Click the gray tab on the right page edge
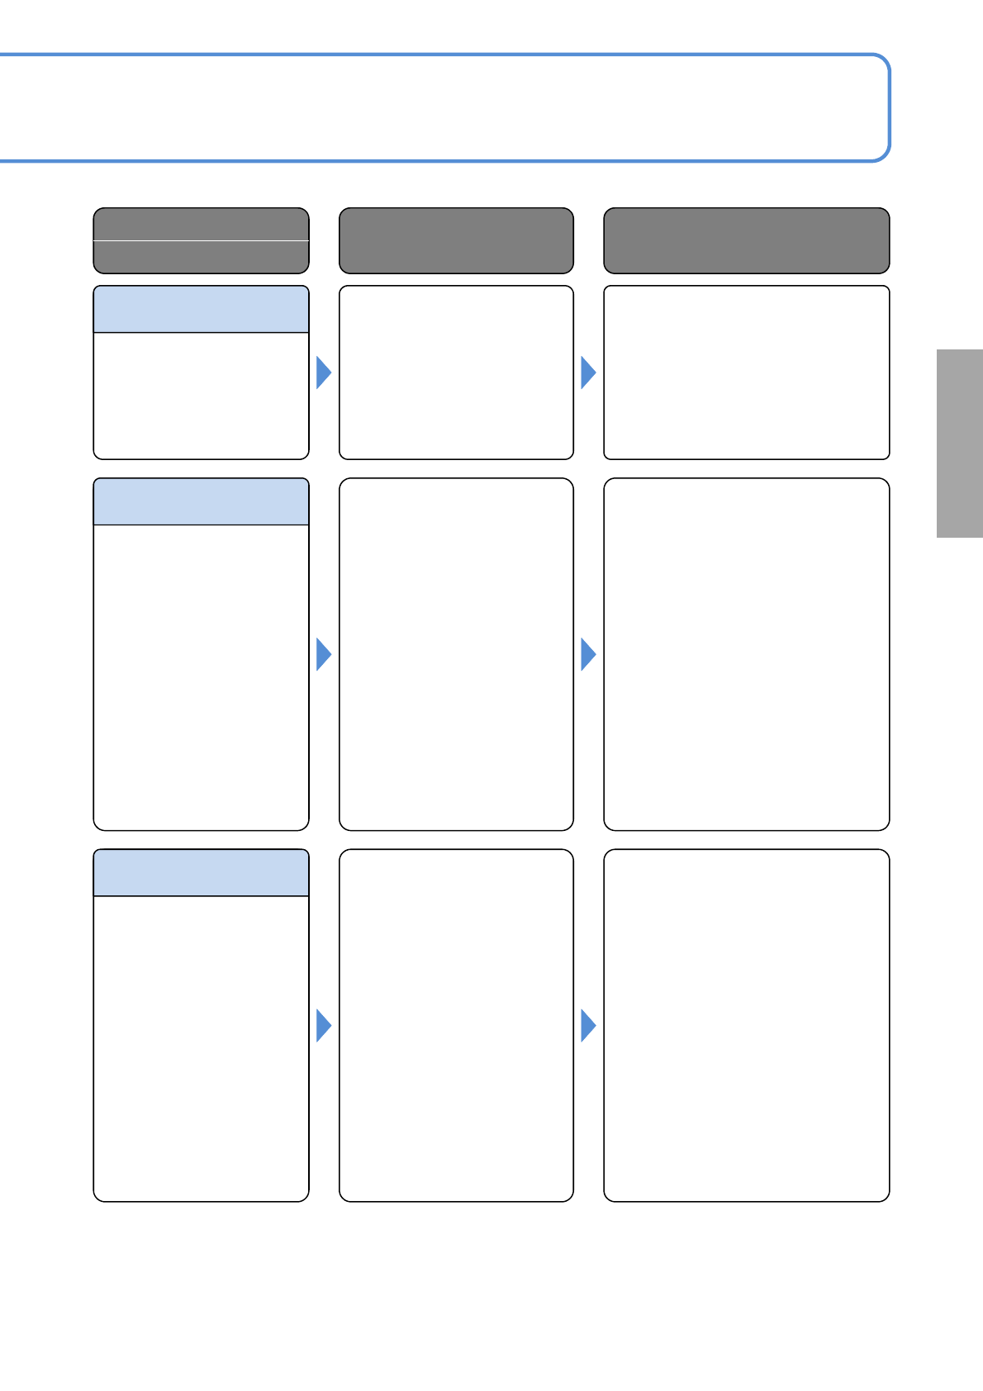click(959, 444)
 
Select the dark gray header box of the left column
click(201, 240)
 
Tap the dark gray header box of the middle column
click(456, 240)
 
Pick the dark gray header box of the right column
click(746, 240)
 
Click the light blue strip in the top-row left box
click(201, 310)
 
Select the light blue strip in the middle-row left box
click(201, 501)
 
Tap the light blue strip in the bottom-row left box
click(201, 873)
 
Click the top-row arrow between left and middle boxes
click(324, 373)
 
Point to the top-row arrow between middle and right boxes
click(588, 373)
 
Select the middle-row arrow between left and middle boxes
click(324, 654)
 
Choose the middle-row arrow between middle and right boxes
click(588, 654)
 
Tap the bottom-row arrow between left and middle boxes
click(324, 1025)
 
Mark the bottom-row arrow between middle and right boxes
click(588, 1025)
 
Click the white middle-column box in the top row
click(456, 373)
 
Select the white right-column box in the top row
click(746, 373)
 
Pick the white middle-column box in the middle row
click(456, 654)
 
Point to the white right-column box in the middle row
click(746, 654)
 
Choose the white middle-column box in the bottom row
click(456, 1025)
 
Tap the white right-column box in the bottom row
click(746, 1025)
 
